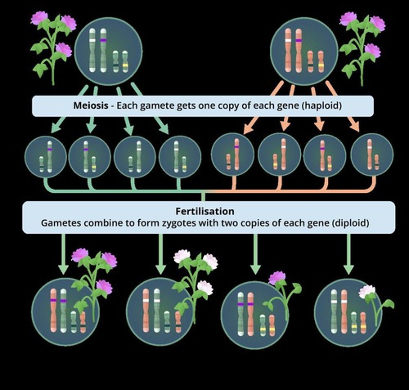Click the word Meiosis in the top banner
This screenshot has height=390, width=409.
pyautogui.click(x=90, y=106)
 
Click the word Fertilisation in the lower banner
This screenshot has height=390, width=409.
pyautogui.click(x=205, y=211)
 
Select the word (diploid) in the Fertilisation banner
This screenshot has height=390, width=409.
pyautogui.click(x=350, y=223)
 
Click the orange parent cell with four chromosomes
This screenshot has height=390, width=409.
pyautogui.click(x=304, y=50)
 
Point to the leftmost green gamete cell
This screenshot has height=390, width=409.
pyautogui.click(x=46, y=157)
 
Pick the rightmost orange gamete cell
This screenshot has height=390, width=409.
pyautogui.click(x=372, y=154)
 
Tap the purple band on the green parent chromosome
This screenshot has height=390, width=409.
pyautogui.click(x=103, y=40)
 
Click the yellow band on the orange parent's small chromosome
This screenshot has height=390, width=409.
pyautogui.click(x=321, y=66)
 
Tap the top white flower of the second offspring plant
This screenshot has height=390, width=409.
pyautogui.click(x=181, y=256)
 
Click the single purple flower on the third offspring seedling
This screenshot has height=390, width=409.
pyautogui.click(x=277, y=278)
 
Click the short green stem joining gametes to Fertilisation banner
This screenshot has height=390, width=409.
pyautogui.click(x=203, y=197)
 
